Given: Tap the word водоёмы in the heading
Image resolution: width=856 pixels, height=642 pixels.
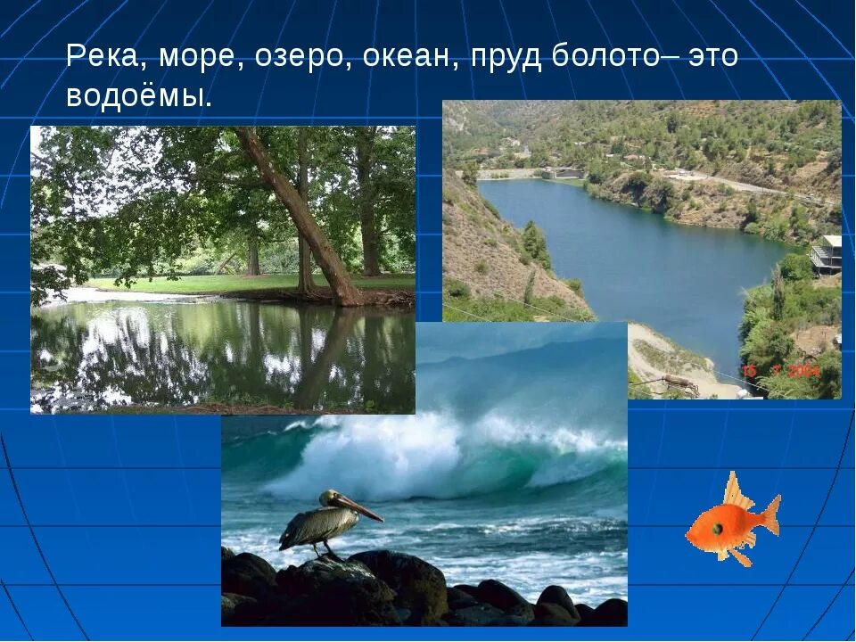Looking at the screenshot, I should click(137, 96).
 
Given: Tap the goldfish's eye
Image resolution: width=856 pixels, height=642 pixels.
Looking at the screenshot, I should click(717, 528).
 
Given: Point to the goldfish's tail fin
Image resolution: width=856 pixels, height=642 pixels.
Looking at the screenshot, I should click(770, 514).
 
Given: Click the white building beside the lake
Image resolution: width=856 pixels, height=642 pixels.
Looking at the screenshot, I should click(827, 254).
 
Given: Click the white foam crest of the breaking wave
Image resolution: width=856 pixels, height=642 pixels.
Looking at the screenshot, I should click(419, 446).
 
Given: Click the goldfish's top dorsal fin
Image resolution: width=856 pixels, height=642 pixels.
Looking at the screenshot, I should click(733, 490).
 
